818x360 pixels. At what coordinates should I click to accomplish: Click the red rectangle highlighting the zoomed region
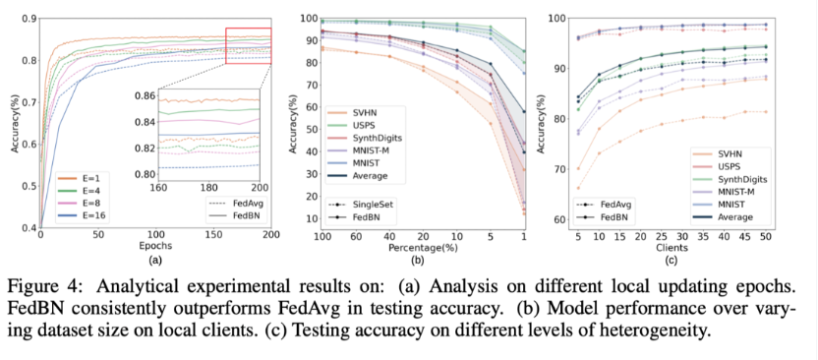(248, 46)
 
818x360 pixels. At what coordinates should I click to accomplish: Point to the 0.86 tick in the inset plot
(141, 96)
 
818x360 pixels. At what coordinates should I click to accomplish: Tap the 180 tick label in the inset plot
(209, 186)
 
